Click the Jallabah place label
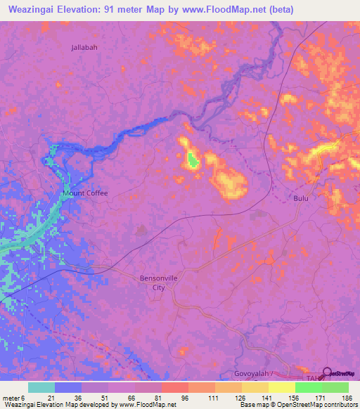click(85, 48)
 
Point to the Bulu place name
click(301, 199)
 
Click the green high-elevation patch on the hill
click(192, 160)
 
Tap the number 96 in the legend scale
click(165, 398)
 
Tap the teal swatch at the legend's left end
click(41, 387)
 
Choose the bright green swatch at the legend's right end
click(335, 387)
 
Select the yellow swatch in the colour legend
click(282, 387)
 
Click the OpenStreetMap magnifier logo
click(328, 374)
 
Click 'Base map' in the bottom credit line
click(253, 405)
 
